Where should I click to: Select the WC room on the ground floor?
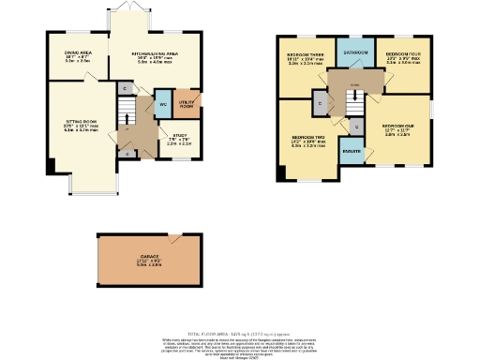click(x=163, y=102)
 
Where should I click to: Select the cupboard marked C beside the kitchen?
click(x=125, y=88)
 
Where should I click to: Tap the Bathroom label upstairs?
click(x=356, y=52)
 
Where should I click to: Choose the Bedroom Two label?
click(x=307, y=142)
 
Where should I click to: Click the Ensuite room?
click(x=353, y=150)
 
